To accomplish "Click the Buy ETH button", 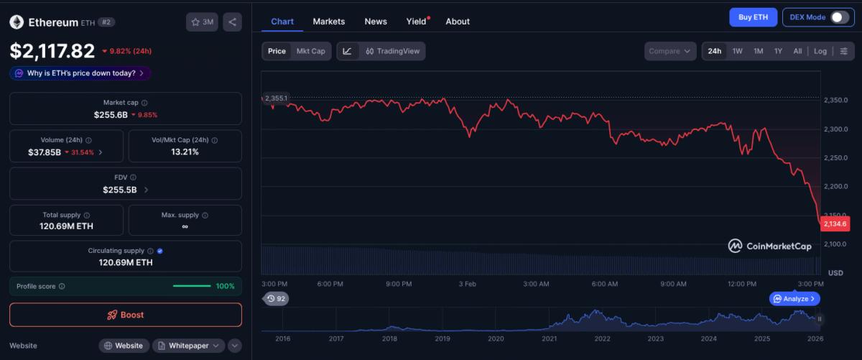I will pos(753,17).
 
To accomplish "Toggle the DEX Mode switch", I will pos(839,17).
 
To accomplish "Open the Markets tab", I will pos(328,22).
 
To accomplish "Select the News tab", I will pos(376,22).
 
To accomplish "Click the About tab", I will pos(458,22).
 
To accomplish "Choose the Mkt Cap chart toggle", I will pos(311,51).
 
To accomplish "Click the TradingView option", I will pos(392,51).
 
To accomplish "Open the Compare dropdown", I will pos(670,51).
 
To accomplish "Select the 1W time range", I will pos(737,51).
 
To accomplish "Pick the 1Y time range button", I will pos(778,51).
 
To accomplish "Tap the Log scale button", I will pos(820,51).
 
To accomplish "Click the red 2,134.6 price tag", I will pos(835,224).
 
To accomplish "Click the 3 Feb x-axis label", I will pos(468,284).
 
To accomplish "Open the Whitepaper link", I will pos(188,346).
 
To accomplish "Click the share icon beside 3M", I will pos(232,22).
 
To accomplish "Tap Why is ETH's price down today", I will pos(80,73).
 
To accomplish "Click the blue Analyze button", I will pos(794,298).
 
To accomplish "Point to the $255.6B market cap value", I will pos(111,115).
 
